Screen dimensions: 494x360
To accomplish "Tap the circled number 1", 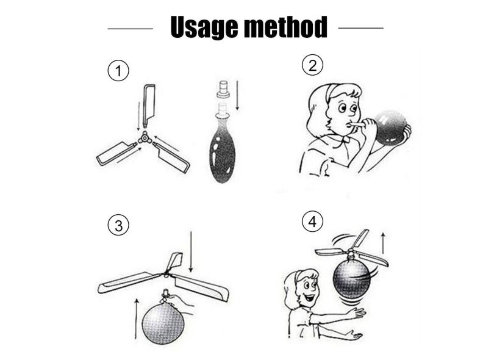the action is pos(118,71).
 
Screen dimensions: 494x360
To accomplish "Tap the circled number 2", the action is pos(312,65).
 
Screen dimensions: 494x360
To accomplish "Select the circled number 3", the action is pos(118,225).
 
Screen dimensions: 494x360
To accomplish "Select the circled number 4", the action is pos(312,221).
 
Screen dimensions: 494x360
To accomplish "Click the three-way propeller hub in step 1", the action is pos(145,138).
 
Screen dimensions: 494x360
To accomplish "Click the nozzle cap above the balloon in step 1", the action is pos(223,88).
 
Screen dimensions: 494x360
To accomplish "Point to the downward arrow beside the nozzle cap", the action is pos(237,95).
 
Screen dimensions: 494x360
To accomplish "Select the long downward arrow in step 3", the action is pos(191,251).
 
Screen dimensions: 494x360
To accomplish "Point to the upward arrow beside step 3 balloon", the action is pos(137,319).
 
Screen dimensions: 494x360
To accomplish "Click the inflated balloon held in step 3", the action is pos(163,323).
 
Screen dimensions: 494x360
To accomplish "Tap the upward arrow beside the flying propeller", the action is pos(383,243).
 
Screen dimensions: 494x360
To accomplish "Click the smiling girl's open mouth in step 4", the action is pos(311,298).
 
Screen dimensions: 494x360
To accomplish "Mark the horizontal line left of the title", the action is pos(130,29).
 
